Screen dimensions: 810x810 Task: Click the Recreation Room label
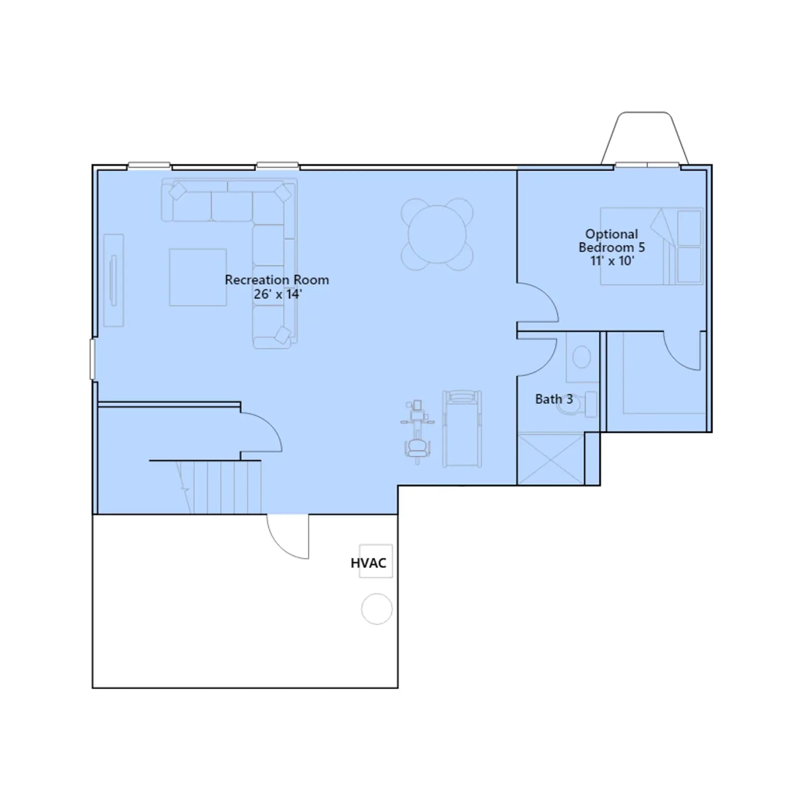point(277,280)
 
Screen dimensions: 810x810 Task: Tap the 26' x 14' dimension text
point(277,294)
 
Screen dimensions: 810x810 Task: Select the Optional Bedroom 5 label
point(612,240)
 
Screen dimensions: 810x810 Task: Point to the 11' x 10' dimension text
point(612,261)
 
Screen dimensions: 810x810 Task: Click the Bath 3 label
point(554,399)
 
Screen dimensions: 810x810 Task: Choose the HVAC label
point(369,563)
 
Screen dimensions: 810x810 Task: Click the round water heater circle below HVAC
point(377,609)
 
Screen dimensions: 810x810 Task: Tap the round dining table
point(437,234)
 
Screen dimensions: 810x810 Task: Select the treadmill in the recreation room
point(462,428)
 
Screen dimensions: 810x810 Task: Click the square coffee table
point(198,277)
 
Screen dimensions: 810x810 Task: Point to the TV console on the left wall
point(113,280)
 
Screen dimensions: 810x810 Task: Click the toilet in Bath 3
point(577,404)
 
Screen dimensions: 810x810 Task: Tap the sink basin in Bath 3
point(582,357)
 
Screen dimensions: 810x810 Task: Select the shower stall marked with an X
point(551,459)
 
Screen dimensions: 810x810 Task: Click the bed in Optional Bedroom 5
point(652,246)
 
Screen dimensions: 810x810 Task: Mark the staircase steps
point(219,487)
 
